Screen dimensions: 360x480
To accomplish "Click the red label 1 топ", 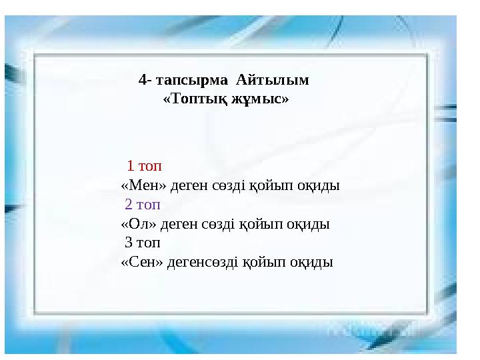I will point(145,165).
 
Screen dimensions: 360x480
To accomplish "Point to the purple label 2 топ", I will point(142,204).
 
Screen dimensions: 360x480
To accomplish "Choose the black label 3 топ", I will point(142,243).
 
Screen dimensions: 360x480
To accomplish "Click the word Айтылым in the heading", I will point(272,80).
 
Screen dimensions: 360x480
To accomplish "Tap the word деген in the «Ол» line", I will point(172,223).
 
